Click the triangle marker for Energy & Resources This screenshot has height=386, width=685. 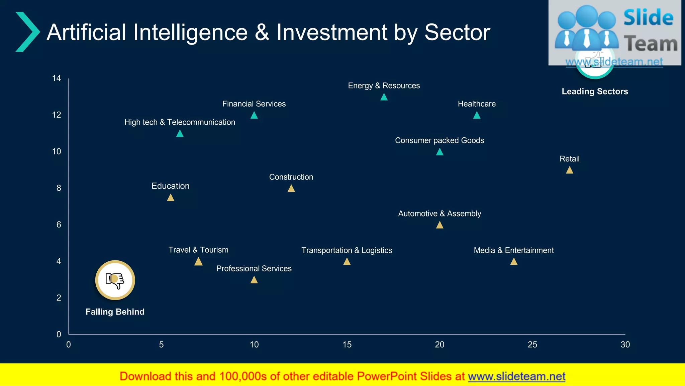384,97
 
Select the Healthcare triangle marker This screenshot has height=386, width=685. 477,116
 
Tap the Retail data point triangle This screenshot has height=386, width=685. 569,170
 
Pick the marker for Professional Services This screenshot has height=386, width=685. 254,280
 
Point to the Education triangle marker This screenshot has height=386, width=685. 171,198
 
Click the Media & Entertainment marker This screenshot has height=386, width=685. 514,262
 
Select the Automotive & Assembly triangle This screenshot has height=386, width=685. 439,225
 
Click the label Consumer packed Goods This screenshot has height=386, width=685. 439,140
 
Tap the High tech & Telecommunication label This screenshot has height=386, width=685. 180,122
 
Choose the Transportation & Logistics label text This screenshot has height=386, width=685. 347,250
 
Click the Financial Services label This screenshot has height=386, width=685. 254,104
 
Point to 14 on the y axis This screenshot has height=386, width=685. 57,78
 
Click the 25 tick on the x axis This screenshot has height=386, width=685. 532,344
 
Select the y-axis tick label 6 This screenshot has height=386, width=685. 59,224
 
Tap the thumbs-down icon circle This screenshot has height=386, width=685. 115,280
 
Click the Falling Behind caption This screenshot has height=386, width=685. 115,312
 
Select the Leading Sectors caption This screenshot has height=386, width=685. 595,91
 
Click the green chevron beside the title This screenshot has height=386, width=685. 27,32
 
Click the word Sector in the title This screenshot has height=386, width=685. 457,33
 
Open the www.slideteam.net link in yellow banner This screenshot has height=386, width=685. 516,376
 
